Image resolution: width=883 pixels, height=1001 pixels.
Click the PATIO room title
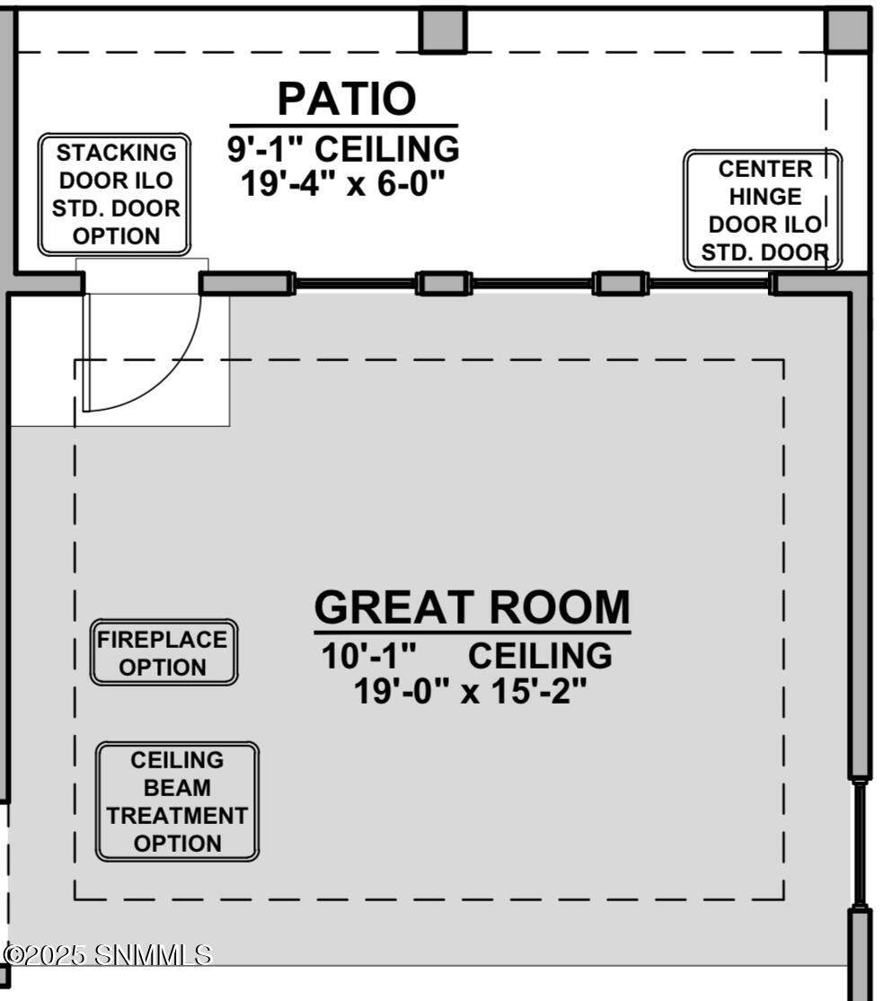point(347,99)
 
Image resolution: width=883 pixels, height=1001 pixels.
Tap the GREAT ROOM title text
point(472,607)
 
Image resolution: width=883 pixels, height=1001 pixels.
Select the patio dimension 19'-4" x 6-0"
point(342,183)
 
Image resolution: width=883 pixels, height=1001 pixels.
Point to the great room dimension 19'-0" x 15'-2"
point(470,691)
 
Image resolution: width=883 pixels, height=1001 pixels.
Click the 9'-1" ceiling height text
point(344,149)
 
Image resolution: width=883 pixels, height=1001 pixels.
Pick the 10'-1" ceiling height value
point(369,656)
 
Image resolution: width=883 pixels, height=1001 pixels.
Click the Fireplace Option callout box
point(164,652)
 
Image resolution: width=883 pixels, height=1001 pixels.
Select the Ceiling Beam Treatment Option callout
point(177,802)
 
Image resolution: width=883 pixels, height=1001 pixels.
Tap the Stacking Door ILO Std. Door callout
point(114,195)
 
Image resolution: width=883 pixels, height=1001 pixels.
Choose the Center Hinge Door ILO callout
point(763,210)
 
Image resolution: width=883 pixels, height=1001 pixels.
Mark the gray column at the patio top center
point(443,30)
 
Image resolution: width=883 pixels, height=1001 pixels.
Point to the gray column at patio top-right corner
point(847,30)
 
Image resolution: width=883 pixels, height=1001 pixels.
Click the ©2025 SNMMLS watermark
point(107,955)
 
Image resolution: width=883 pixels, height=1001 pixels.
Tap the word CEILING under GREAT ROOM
point(540,656)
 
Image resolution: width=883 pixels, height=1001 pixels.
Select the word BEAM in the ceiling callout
point(177,788)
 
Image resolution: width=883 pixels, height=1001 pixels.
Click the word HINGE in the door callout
point(765,197)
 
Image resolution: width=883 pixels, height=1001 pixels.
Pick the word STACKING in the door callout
point(116,154)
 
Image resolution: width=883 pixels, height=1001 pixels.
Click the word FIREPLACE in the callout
point(162,640)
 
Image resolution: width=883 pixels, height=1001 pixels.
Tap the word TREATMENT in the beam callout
point(177,816)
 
